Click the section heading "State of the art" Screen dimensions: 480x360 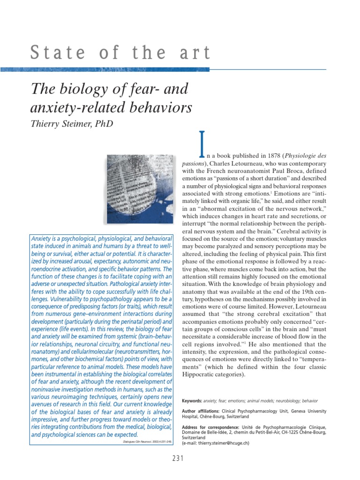click(121, 52)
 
